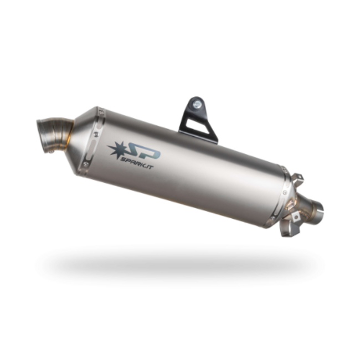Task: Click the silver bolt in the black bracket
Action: point(196,103)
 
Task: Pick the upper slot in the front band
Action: point(95,125)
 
